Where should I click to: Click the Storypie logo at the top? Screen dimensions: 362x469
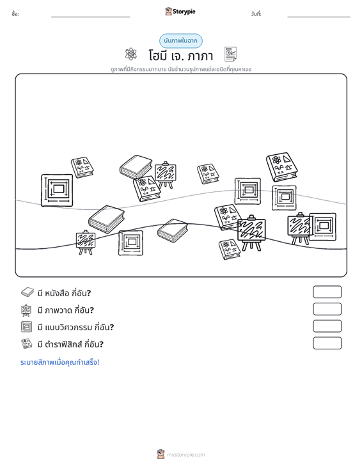180,12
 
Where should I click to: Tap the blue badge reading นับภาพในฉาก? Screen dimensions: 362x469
180,41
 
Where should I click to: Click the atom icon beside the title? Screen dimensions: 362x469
131,54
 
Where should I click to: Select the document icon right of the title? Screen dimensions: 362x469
230,54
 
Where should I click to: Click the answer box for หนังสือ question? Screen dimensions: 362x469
327,292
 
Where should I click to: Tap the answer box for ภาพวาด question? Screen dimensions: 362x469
327,309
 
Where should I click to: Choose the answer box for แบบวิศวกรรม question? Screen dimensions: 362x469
327,326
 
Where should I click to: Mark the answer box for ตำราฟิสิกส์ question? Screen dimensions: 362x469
327,343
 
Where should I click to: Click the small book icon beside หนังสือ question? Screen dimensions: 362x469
28,292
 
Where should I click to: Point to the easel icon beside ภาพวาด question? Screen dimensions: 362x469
27,310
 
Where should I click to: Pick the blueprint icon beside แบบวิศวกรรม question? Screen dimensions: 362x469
27,326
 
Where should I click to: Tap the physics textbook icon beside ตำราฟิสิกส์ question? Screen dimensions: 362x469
27,344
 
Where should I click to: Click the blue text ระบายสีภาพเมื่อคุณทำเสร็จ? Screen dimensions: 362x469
59,362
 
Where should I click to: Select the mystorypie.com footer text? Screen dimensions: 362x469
185,455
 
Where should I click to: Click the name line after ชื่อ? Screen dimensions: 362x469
91,17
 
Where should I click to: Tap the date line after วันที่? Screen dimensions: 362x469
319,17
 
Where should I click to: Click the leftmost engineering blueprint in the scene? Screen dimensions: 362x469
57,190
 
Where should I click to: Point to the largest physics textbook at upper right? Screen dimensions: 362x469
282,167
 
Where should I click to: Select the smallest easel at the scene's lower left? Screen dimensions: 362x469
86,242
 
